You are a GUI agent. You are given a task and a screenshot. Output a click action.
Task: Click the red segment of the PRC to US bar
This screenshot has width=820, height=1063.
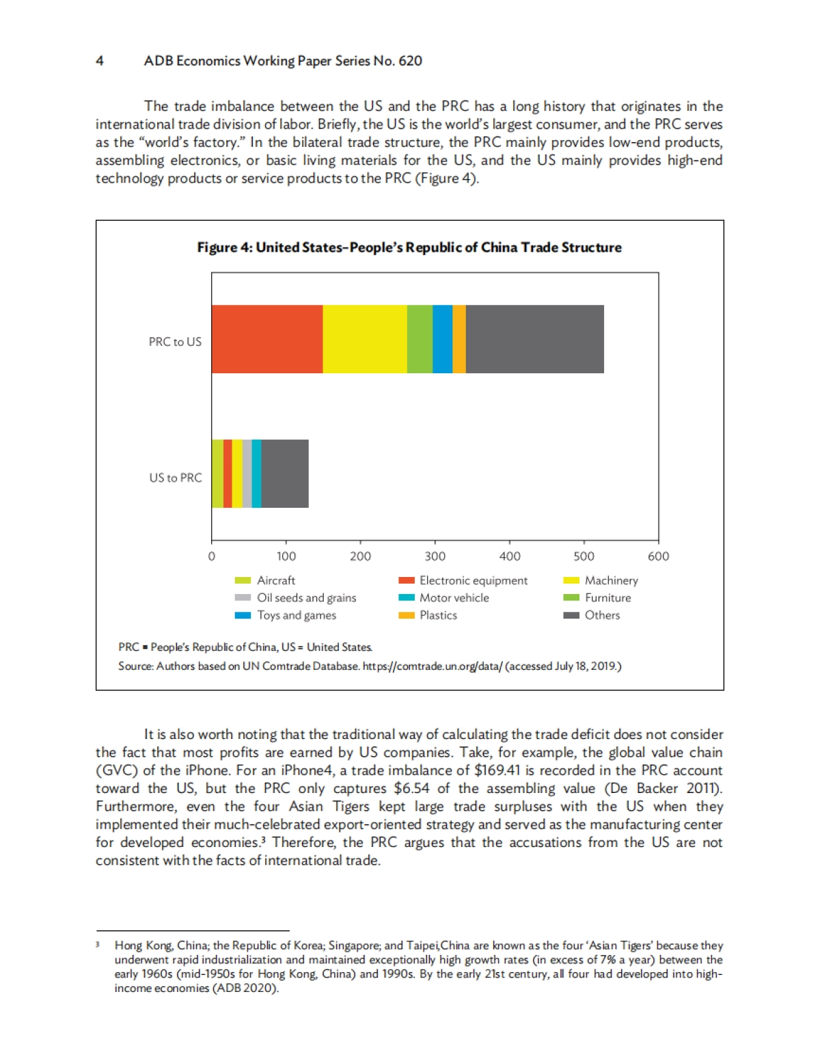click(267, 339)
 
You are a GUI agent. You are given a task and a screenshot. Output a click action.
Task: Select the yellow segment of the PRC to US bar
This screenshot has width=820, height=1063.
click(365, 339)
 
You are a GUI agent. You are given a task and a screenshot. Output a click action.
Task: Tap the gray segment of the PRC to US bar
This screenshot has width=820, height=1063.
click(535, 339)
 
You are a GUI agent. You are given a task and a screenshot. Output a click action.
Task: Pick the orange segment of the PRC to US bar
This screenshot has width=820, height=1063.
click(459, 339)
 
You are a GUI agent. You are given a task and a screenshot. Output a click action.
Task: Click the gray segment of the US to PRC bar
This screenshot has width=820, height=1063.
click(285, 474)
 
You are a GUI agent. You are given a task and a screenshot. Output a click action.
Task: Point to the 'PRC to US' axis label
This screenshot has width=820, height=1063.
click(175, 342)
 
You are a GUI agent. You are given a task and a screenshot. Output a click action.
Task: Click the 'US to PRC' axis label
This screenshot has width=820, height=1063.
click(176, 478)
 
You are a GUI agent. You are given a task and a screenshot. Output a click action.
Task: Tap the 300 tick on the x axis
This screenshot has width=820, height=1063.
click(435, 556)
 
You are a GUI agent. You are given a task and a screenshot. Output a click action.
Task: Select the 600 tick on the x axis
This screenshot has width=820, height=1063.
click(658, 556)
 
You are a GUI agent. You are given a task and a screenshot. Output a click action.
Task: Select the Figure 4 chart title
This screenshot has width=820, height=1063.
click(409, 247)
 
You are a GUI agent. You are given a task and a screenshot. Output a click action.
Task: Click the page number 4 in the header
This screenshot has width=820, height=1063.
click(100, 61)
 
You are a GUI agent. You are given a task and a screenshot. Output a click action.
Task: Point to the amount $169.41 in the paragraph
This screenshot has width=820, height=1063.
click(497, 770)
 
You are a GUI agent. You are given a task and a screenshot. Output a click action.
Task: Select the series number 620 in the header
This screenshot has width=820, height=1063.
click(410, 61)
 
